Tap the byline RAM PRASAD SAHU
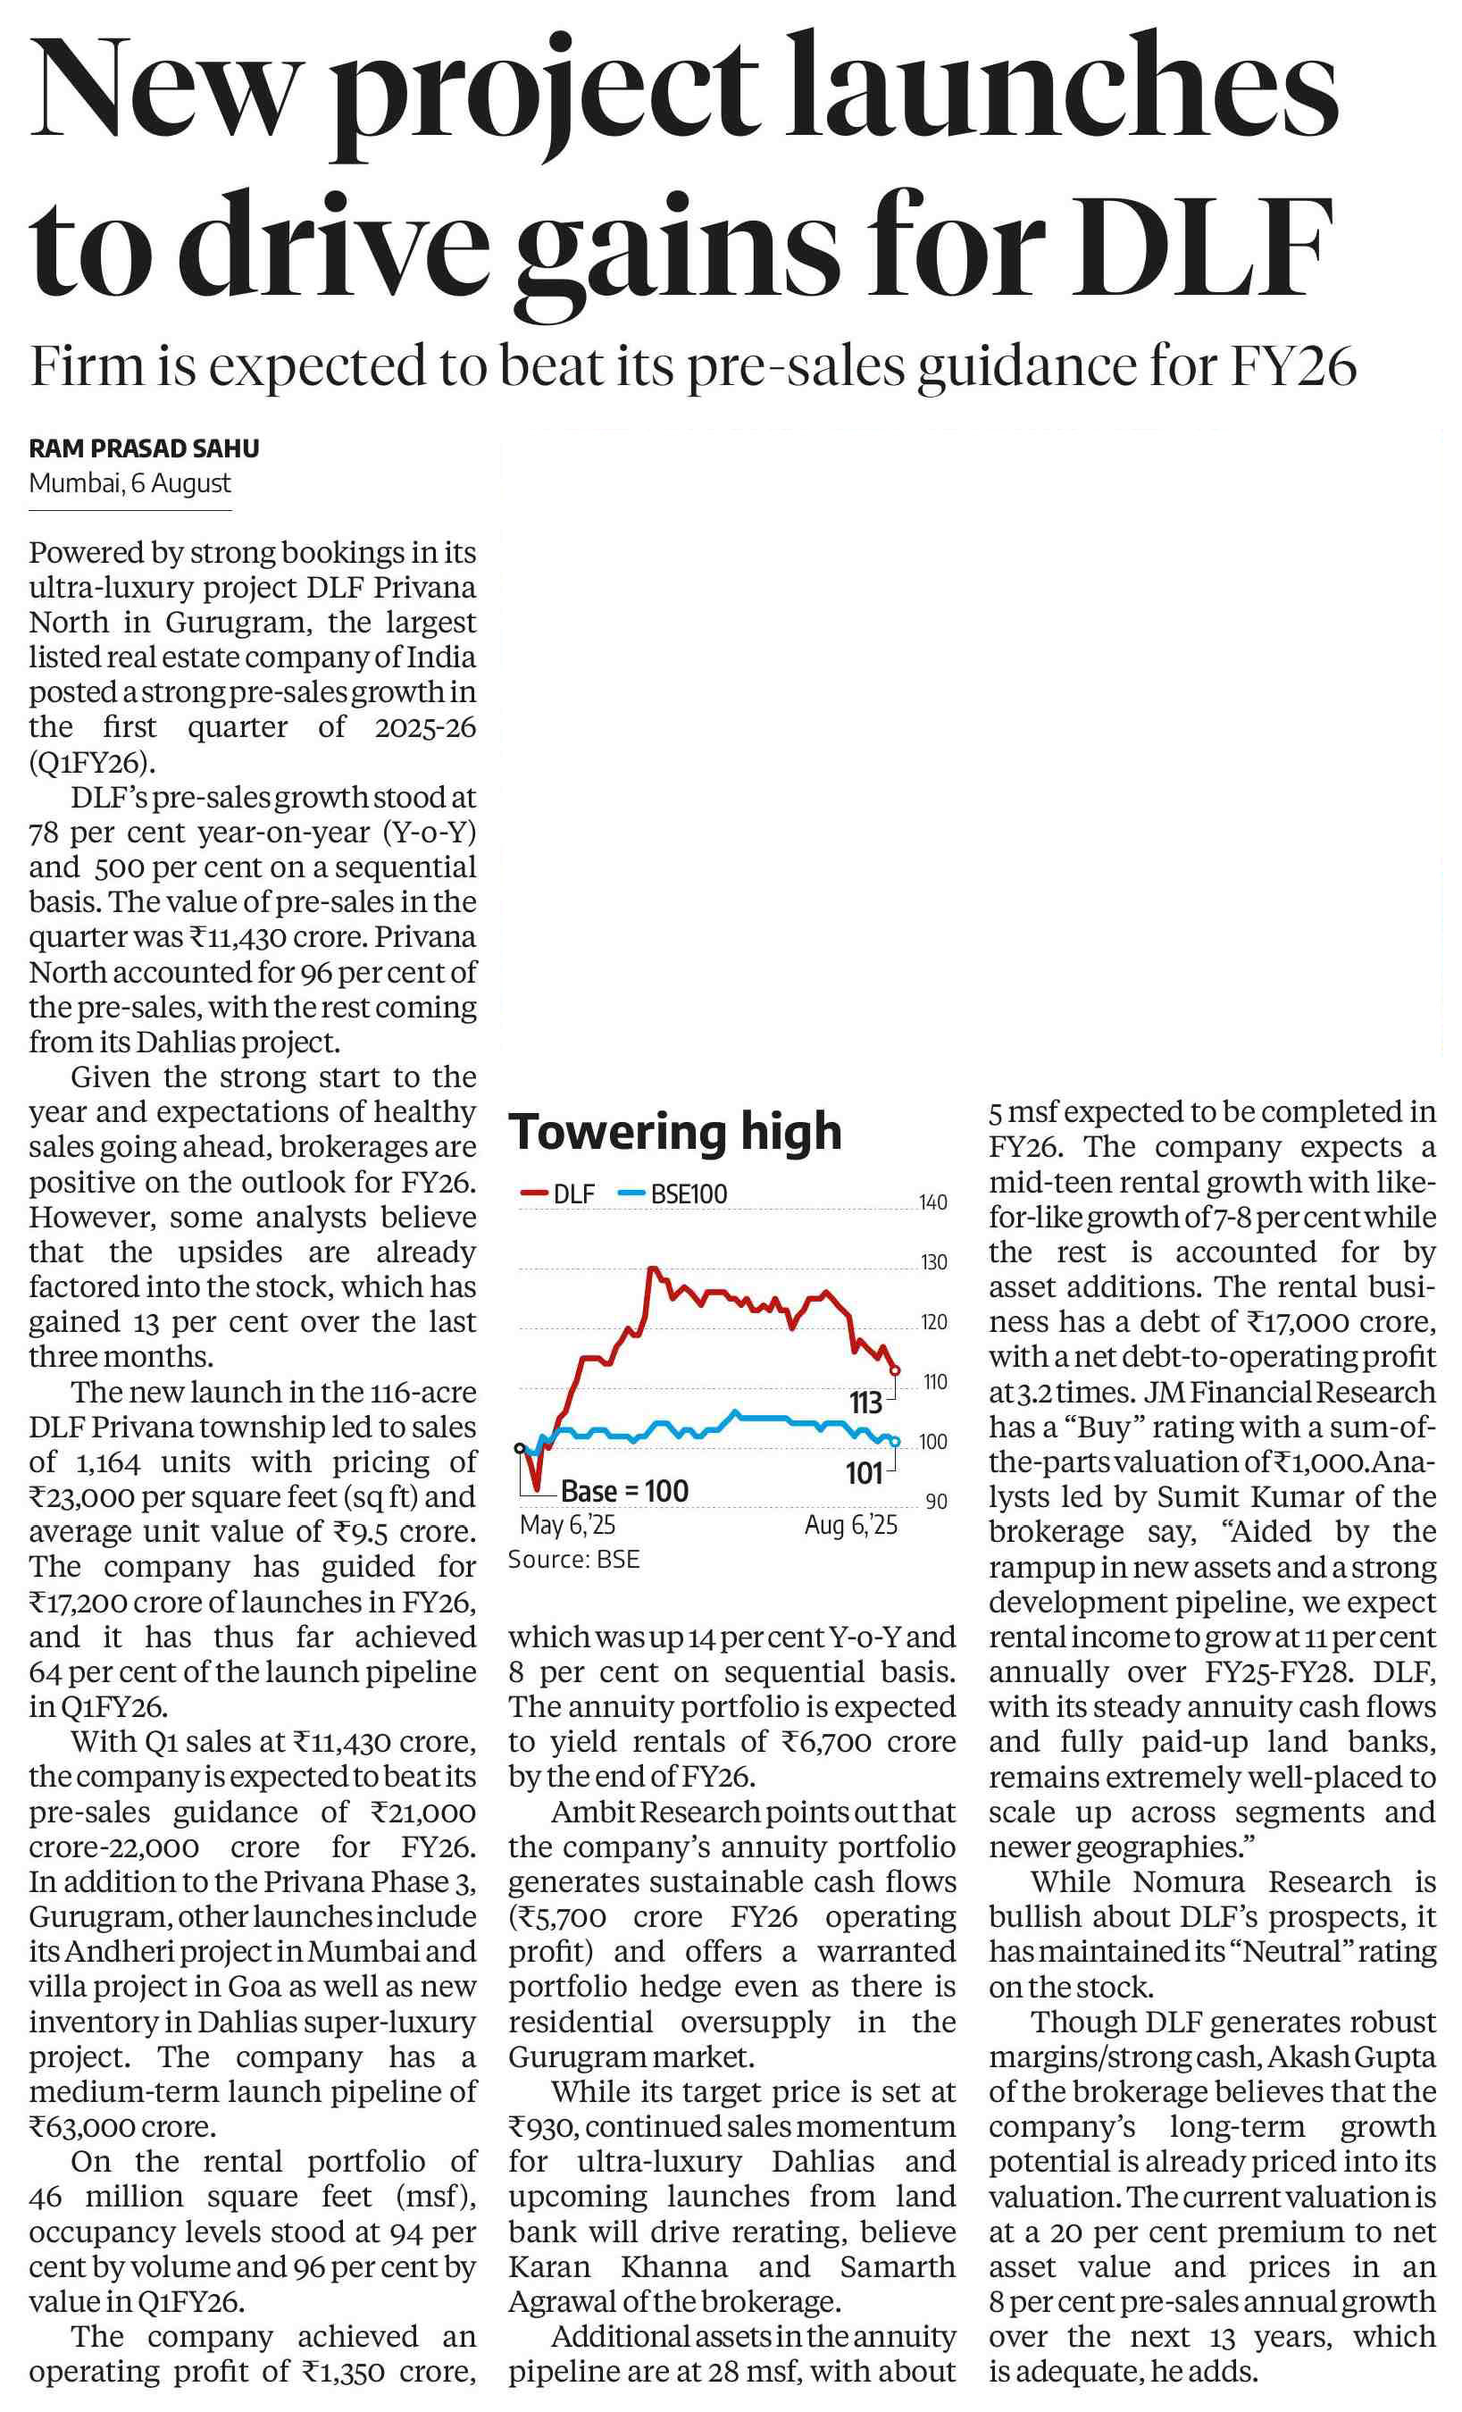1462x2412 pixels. point(144,448)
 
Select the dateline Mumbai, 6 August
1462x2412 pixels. point(130,483)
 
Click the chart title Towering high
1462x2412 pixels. point(675,1132)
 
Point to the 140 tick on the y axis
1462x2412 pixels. point(932,1202)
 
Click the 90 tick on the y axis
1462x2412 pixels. point(936,1502)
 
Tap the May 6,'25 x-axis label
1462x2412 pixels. point(568,1525)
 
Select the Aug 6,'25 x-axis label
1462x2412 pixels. point(850,1525)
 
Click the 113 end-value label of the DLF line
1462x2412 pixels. point(865,1403)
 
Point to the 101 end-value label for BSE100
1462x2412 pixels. point(865,1473)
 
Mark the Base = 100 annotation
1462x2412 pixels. point(624,1491)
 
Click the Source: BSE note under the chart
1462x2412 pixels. point(573,1560)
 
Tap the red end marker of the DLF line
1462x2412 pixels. point(894,1371)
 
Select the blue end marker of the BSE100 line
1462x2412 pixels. point(894,1441)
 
